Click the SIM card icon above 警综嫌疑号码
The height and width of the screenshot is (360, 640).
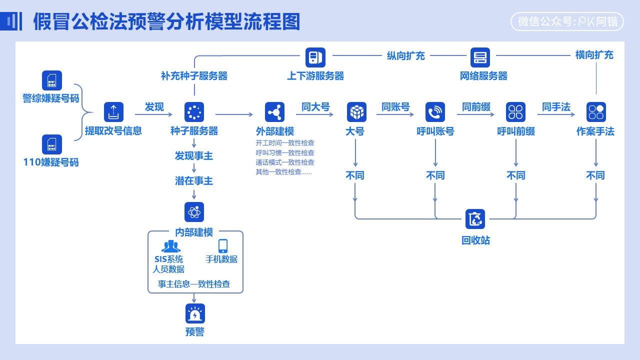click(x=52, y=80)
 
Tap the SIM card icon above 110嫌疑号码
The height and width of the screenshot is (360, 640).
click(x=52, y=144)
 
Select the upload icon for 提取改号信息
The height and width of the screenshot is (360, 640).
click(x=113, y=112)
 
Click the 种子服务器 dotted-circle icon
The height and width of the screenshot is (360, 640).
click(x=194, y=112)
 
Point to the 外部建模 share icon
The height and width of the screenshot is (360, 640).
click(x=274, y=112)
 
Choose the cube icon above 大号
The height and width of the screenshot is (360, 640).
click(x=356, y=112)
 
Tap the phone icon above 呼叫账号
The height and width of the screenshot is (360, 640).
click(x=435, y=112)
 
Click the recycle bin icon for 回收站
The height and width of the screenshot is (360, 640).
click(x=475, y=219)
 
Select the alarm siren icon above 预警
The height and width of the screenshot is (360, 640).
click(x=194, y=313)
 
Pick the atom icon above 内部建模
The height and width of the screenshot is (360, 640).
click(x=194, y=212)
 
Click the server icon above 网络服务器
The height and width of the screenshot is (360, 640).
click(x=480, y=57)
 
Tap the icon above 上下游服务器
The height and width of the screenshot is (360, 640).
click(x=315, y=57)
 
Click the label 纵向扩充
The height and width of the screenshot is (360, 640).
click(x=405, y=55)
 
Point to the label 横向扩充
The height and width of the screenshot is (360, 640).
click(x=594, y=55)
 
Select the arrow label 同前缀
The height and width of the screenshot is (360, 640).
click(x=476, y=106)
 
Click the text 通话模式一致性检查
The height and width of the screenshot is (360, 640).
click(x=285, y=162)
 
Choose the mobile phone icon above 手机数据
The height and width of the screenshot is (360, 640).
click(x=223, y=246)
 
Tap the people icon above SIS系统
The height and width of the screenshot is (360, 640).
click(x=170, y=246)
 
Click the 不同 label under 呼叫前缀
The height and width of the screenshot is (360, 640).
click(x=515, y=175)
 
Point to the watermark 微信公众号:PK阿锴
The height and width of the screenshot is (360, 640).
click(x=567, y=22)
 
